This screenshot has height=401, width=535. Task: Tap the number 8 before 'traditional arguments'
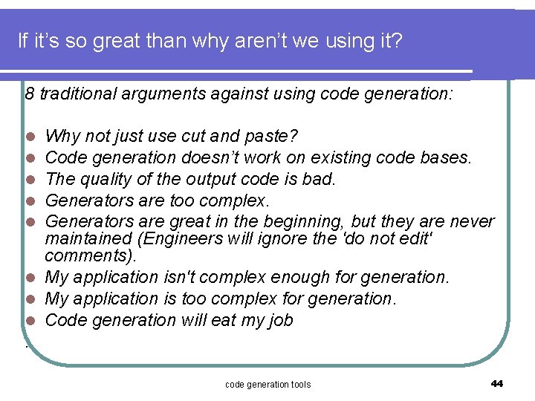click(30, 94)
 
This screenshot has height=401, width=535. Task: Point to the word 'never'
click(472, 221)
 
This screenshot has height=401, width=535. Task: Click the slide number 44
click(497, 383)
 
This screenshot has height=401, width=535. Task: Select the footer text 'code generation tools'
click(267, 384)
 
